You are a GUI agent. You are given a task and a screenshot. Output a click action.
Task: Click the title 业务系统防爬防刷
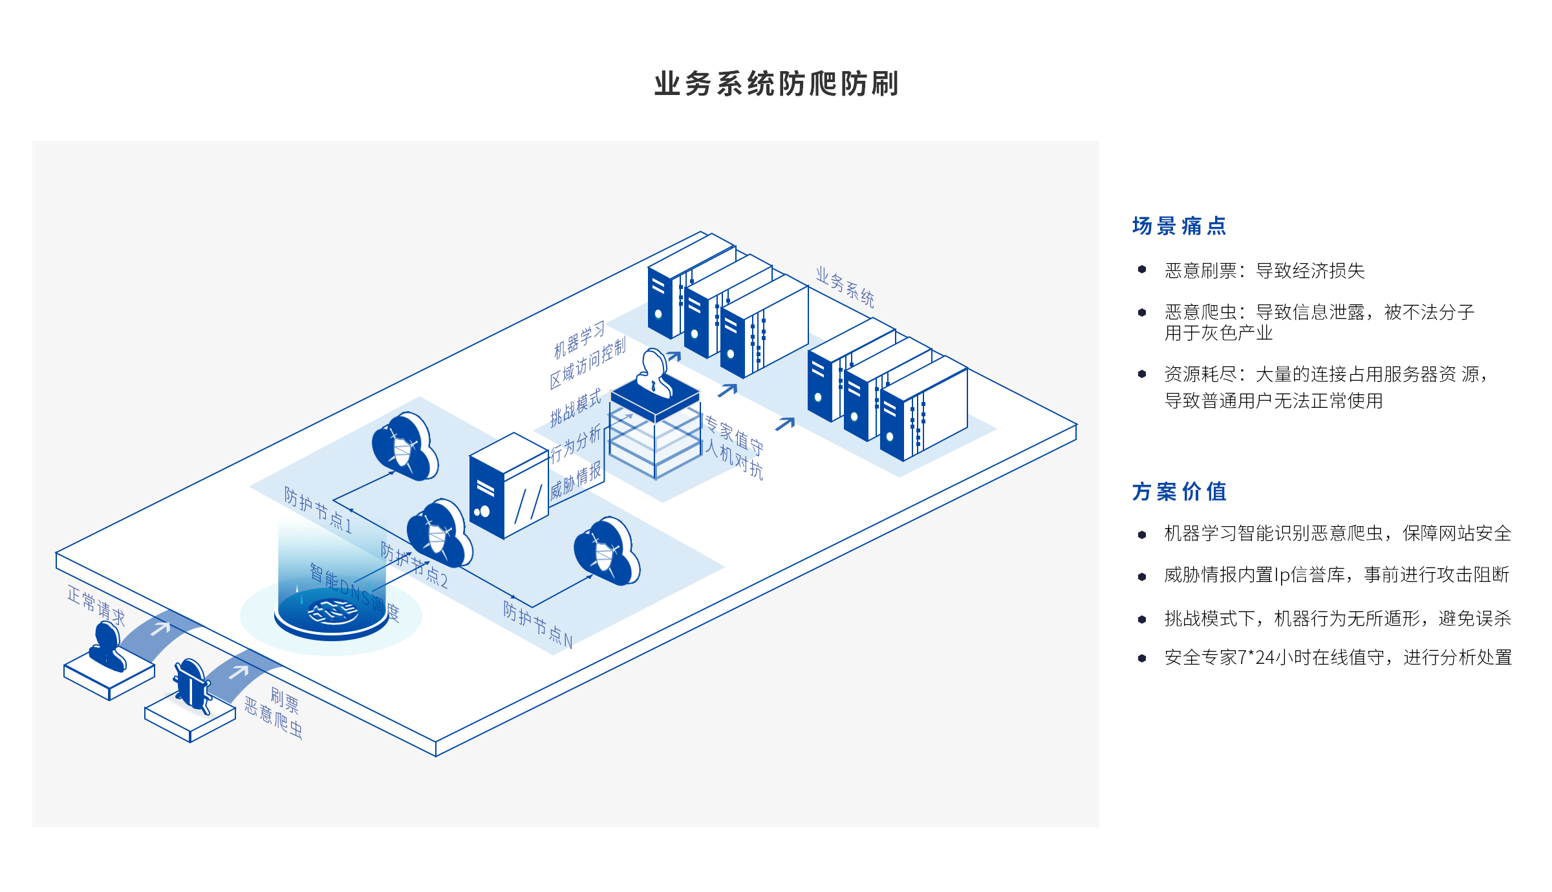pyautogui.click(x=776, y=84)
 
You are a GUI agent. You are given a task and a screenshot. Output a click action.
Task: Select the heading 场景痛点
pyautogui.click(x=1179, y=226)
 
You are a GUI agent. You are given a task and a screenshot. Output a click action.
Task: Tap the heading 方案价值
pyautogui.click(x=1179, y=491)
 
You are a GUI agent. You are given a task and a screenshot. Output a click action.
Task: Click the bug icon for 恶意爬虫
pyautogui.click(x=191, y=685)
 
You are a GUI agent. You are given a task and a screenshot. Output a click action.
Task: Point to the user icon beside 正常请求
pyautogui.click(x=107, y=646)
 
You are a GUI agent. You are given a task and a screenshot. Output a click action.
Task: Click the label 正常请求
pyautogui.click(x=96, y=606)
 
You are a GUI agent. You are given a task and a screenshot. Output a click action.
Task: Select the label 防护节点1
pyautogui.click(x=318, y=510)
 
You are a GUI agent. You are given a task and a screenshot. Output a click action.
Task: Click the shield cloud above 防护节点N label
pyautogui.click(x=606, y=551)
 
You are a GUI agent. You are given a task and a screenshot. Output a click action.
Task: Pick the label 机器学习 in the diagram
pyautogui.click(x=579, y=339)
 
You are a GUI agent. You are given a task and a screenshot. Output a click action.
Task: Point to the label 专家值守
pyautogui.click(x=733, y=434)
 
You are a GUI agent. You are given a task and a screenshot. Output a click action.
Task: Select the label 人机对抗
pyautogui.click(x=733, y=459)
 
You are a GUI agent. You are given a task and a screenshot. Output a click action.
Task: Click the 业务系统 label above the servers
pyautogui.click(x=845, y=286)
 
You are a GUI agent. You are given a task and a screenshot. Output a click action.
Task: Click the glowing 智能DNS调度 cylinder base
pyautogui.click(x=332, y=614)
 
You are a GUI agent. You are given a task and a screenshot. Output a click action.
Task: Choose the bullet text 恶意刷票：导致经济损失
pyautogui.click(x=1264, y=270)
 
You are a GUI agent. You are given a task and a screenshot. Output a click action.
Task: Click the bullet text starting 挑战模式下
pyautogui.click(x=1337, y=619)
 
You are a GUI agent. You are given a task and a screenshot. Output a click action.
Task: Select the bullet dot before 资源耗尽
pyautogui.click(x=1142, y=374)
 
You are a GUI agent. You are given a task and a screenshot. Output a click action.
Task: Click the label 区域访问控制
pyautogui.click(x=587, y=364)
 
